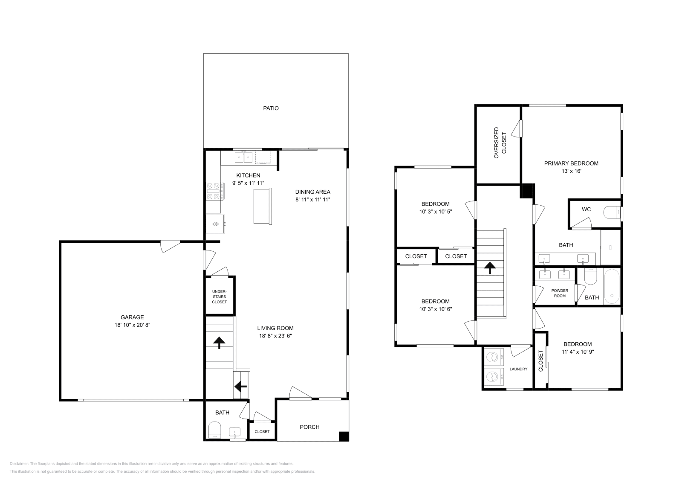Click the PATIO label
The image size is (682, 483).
tap(271, 108)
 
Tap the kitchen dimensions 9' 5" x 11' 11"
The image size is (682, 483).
tap(248, 183)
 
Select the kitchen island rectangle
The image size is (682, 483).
tap(263, 206)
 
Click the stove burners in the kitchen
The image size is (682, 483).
tap(215, 191)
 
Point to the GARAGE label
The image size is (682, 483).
tap(132, 317)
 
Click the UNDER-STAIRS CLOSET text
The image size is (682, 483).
tap(220, 297)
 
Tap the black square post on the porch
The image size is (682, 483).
tap(344, 436)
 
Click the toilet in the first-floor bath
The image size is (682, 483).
tap(215, 430)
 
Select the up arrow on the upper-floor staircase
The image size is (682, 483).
tap(490, 268)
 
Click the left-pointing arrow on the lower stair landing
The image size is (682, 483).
tap(240, 387)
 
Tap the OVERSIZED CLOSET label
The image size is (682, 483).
tap(500, 143)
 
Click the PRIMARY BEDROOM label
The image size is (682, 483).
tap(571, 163)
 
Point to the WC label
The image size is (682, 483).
tap(586, 209)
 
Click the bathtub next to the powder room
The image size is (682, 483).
tap(613, 285)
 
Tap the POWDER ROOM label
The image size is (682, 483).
tap(560, 293)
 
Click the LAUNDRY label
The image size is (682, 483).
tap(518, 369)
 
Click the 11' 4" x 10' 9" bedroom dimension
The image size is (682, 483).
tap(578, 352)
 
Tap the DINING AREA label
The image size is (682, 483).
tap(313, 192)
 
